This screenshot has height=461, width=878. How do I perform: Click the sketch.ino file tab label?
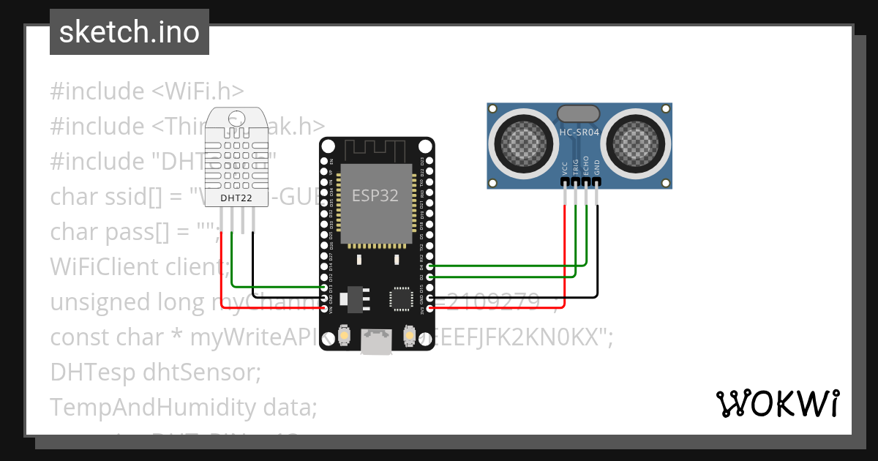[x=129, y=32]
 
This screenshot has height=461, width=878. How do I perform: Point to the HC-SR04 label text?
[x=579, y=132]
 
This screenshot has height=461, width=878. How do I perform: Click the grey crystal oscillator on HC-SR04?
[x=579, y=113]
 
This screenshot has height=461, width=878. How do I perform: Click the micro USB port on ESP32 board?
[x=376, y=342]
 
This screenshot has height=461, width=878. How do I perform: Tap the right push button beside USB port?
[x=410, y=335]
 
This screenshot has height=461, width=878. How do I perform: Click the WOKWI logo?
[x=777, y=403]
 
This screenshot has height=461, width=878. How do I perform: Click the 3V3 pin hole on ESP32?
[x=429, y=310]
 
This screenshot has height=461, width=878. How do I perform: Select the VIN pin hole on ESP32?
[x=323, y=310]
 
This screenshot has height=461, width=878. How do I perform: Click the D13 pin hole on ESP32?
[x=323, y=288]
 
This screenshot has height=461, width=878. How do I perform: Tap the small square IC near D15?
[x=402, y=298]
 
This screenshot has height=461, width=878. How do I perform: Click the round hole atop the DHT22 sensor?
[x=237, y=118]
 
